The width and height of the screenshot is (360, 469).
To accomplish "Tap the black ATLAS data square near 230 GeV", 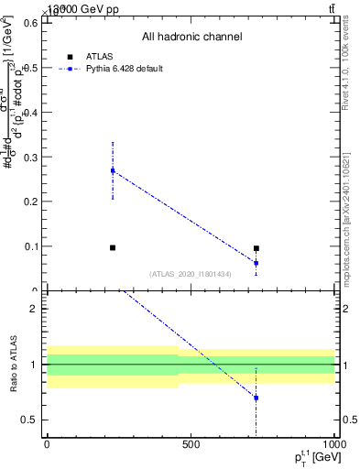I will point(113,247).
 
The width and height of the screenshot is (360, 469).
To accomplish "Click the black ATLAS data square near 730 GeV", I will point(256,248).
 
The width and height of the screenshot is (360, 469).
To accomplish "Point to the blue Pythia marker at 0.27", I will point(113,170).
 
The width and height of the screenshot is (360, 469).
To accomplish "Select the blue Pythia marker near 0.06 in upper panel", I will point(256,263).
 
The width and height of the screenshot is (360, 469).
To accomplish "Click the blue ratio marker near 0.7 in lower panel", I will point(256,398).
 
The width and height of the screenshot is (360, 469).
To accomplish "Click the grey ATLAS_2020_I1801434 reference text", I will point(191,274).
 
